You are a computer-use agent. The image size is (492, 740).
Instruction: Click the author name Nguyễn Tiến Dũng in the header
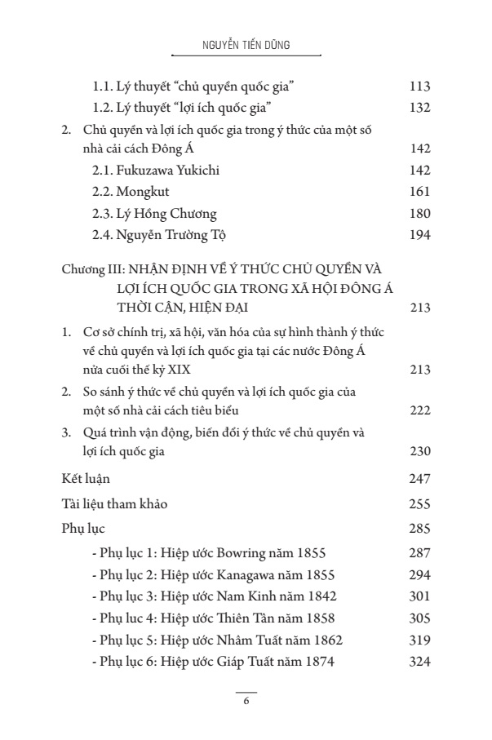pyautogui.click(x=246, y=47)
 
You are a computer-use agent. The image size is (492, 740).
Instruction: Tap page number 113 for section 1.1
pyautogui.click(x=418, y=86)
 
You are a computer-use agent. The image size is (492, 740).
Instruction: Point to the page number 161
pyautogui.click(x=418, y=193)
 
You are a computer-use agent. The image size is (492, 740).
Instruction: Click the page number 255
pyautogui.click(x=418, y=503)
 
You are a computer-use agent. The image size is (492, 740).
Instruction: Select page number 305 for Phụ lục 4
pyautogui.click(x=418, y=618)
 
